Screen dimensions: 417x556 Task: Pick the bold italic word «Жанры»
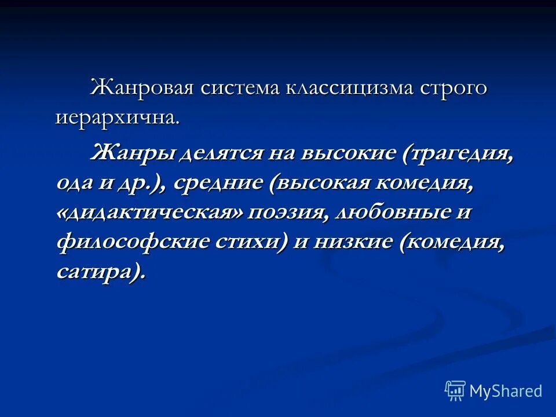pyautogui.click(x=131, y=153)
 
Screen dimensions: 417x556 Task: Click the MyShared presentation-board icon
pyautogui.click(x=455, y=391)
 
